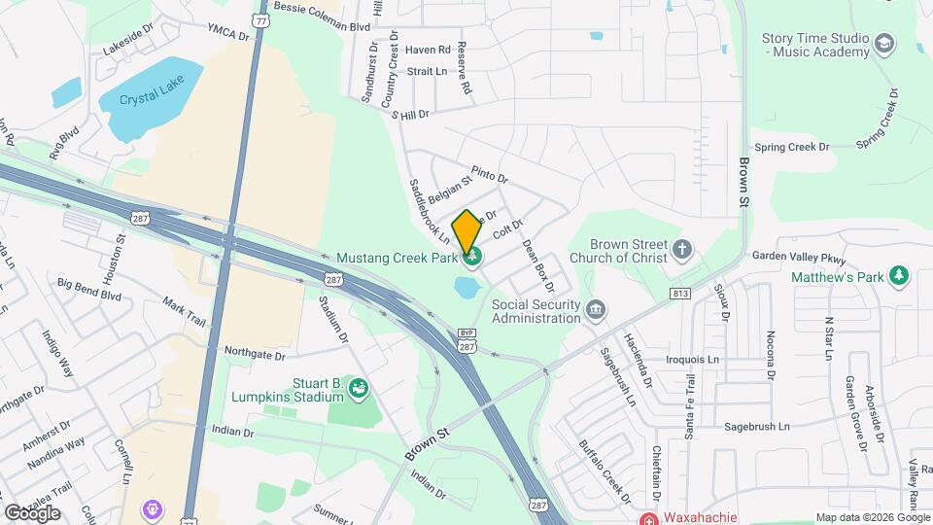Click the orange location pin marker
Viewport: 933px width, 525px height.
pos(466,232)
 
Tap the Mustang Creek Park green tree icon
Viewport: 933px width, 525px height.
pos(474,257)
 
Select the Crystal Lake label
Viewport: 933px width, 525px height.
pos(145,98)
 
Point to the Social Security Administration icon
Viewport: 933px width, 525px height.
pos(596,310)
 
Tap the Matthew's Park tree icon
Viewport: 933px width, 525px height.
pos(901,276)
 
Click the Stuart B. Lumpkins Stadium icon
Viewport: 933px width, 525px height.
pos(359,389)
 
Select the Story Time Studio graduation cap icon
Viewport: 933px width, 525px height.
pos(884,43)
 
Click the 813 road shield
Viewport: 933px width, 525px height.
pos(679,294)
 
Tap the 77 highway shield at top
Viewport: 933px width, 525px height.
pos(258,19)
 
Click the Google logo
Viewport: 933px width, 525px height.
pos(31,512)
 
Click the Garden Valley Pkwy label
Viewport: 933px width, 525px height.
pos(800,257)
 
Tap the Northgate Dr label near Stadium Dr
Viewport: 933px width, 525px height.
pos(259,353)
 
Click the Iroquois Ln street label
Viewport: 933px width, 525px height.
pos(693,359)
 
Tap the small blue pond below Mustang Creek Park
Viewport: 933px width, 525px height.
pos(465,287)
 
